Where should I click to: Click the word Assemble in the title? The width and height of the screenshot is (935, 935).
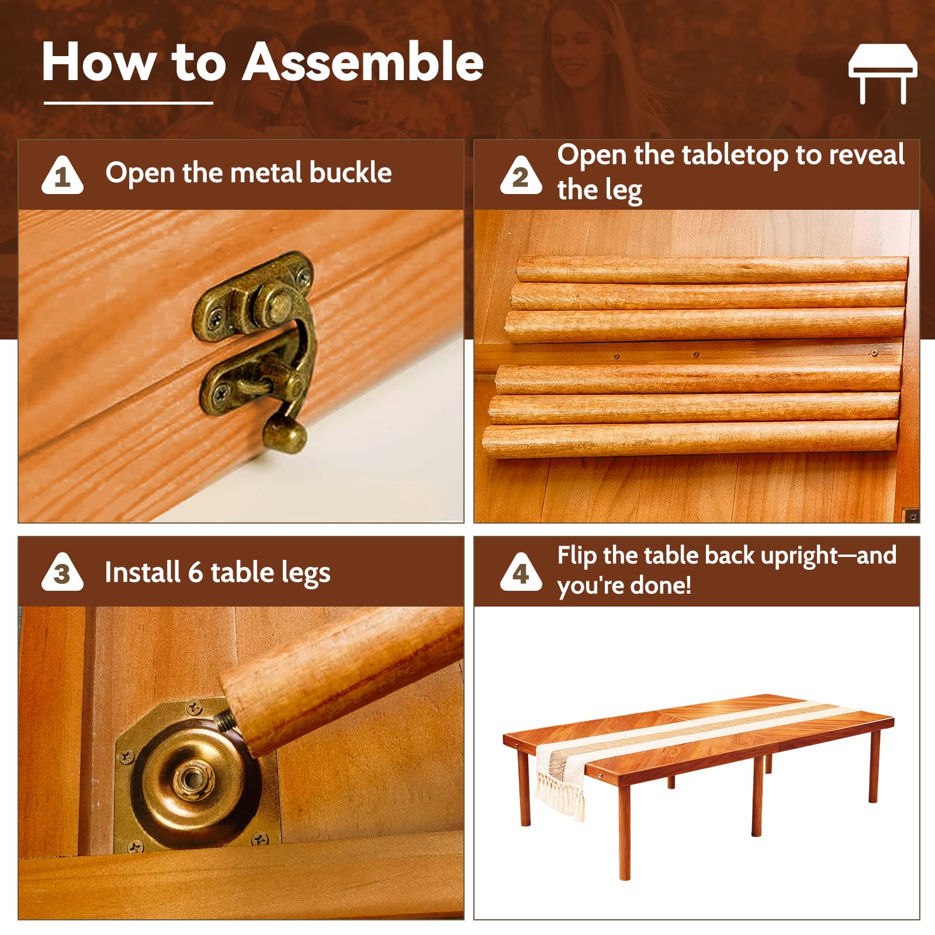[363, 62]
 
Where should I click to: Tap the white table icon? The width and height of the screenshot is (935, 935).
[883, 73]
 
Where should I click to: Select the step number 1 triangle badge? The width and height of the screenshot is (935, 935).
[63, 175]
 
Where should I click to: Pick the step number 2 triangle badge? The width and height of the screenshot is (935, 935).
[521, 175]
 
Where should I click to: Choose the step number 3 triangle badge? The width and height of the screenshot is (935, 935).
[63, 572]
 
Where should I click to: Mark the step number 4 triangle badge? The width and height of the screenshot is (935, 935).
[521, 572]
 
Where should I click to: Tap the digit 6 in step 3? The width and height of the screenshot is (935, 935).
[195, 573]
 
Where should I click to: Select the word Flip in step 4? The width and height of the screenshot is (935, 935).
[576, 556]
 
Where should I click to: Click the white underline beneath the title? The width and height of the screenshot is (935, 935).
[129, 103]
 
